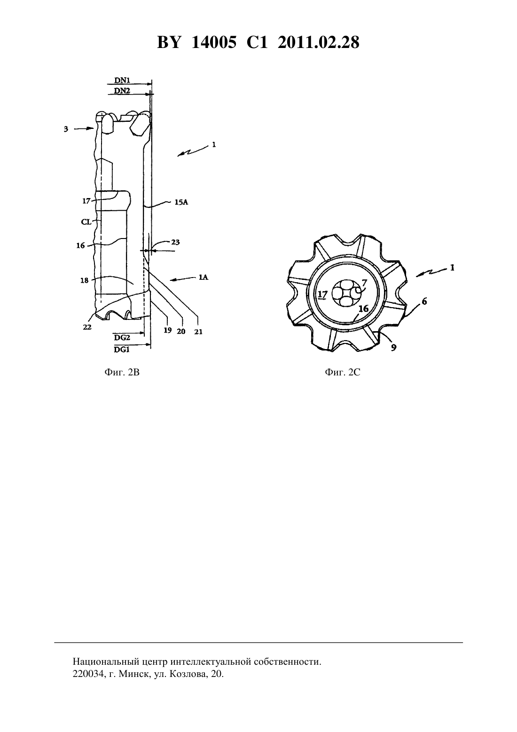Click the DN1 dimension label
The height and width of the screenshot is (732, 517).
[x=122, y=80]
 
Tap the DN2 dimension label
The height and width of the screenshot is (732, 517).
[x=122, y=90]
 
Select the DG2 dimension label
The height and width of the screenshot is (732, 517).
[x=122, y=337]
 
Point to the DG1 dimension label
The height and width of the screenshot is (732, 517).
[x=122, y=350]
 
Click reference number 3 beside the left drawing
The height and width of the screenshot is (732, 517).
[x=66, y=129]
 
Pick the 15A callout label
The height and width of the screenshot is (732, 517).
[x=181, y=202]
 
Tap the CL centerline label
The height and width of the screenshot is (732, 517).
[x=86, y=222]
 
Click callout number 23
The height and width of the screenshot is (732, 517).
[x=176, y=242]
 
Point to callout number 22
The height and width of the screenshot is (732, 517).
[x=87, y=327]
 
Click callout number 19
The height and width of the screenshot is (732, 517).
[x=168, y=330]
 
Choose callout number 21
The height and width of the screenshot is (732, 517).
[x=198, y=332]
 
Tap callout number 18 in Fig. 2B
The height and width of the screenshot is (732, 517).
[x=84, y=280]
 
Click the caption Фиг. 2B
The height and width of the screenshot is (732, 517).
[x=122, y=372]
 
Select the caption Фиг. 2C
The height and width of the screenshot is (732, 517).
[x=343, y=372]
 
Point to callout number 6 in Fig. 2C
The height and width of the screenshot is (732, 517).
[x=424, y=301]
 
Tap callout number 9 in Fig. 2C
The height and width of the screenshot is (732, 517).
[x=394, y=348]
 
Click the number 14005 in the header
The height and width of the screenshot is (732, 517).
[x=214, y=42]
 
